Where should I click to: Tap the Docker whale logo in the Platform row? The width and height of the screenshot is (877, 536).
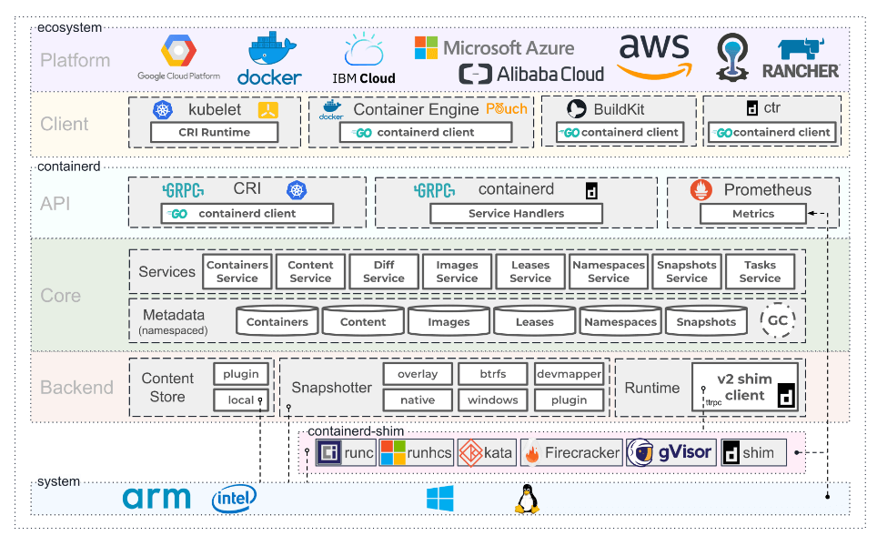pyautogui.click(x=269, y=58)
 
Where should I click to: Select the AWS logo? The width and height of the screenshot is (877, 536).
pyautogui.click(x=654, y=56)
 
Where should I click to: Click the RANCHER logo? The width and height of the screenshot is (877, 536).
pyautogui.click(x=801, y=58)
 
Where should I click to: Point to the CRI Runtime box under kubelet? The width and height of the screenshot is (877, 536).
pyautogui.click(x=214, y=132)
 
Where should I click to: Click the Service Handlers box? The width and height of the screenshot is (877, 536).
pyautogui.click(x=516, y=213)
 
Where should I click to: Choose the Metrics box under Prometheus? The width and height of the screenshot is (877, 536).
pyautogui.click(x=753, y=214)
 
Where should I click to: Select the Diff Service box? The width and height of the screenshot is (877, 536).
pyautogui.click(x=384, y=271)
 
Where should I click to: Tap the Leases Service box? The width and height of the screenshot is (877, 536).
pyautogui.click(x=530, y=271)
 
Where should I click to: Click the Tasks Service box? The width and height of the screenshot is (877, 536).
pyautogui.click(x=760, y=271)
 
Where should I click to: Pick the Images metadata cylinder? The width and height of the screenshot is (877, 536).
pyautogui.click(x=449, y=321)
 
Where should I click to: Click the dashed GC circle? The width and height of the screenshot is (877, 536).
pyautogui.click(x=778, y=320)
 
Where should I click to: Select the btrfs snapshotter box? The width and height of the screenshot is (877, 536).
pyautogui.click(x=493, y=374)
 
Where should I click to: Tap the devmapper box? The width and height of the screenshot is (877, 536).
pyautogui.click(x=569, y=374)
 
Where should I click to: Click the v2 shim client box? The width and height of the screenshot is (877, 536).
pyautogui.click(x=744, y=387)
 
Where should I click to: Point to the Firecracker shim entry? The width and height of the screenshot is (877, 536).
pyautogui.click(x=571, y=452)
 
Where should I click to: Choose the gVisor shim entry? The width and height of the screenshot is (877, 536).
pyautogui.click(x=670, y=452)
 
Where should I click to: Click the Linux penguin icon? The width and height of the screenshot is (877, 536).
pyautogui.click(x=527, y=499)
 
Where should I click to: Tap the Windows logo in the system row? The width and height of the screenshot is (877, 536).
pyautogui.click(x=439, y=498)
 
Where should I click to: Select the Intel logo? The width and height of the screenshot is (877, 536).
pyautogui.click(x=234, y=498)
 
